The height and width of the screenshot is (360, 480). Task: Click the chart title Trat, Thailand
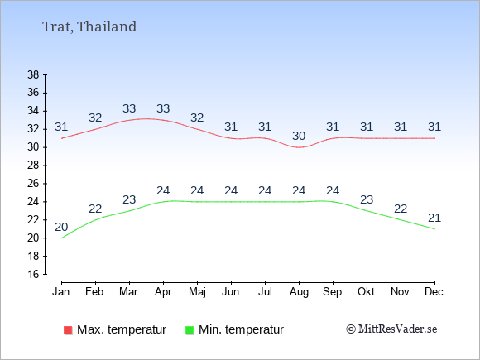coord(89,26)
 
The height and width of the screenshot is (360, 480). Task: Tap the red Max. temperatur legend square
coord(68,330)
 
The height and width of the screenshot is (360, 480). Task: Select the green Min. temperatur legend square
coord(190,330)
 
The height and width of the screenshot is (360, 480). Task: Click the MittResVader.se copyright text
coord(391,329)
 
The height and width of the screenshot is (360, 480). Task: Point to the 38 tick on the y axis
coord(33,74)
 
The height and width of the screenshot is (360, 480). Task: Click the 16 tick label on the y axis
coord(33,274)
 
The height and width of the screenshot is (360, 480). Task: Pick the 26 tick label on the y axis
coord(33,184)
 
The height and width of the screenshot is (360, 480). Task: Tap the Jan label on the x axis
coord(61,292)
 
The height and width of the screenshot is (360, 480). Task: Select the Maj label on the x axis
coord(197,292)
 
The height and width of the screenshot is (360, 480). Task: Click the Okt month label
coord(367,292)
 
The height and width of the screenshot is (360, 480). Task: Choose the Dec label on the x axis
coord(434,292)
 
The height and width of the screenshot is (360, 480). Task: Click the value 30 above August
coord(299,136)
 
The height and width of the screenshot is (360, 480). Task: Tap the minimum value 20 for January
coord(61,227)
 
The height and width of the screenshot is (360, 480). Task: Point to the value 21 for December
coord(434,218)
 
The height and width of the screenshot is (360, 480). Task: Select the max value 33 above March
coord(129,108)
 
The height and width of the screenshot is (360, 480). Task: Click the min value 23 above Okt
coord(367,200)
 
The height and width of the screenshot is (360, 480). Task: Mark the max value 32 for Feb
coord(95,118)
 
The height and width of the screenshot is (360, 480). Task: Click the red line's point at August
coord(299,147)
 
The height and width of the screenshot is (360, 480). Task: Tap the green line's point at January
coord(62,238)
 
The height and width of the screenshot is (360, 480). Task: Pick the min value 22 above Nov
coord(401,209)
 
